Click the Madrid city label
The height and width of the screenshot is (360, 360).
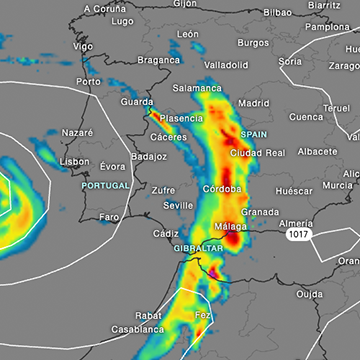point(254,102)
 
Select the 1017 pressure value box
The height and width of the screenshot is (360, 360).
point(296,233)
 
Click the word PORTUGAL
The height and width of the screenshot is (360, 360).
point(106,186)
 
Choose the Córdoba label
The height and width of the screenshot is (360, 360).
point(222,188)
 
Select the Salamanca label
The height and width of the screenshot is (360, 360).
point(197,88)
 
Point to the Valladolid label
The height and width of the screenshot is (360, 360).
point(226,64)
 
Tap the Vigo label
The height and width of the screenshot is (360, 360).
point(83,46)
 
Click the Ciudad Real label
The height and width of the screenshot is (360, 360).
point(258,152)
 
